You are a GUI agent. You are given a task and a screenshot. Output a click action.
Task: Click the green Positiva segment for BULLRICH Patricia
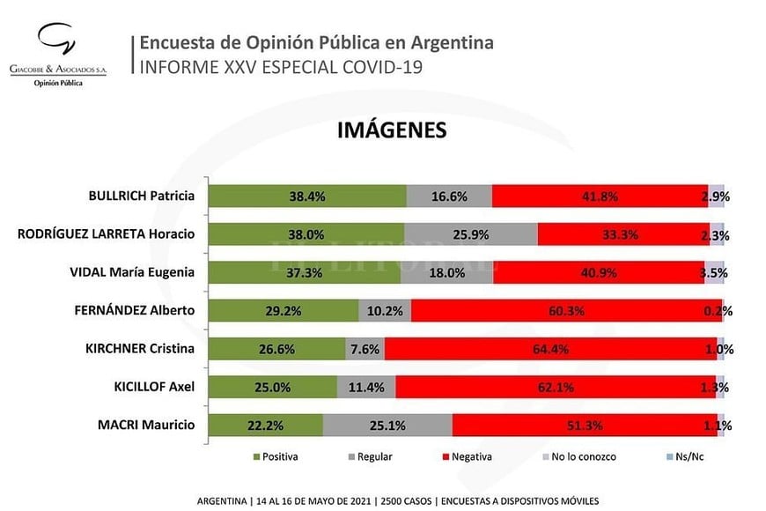308,196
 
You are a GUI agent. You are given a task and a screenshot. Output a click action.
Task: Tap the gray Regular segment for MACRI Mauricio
387,426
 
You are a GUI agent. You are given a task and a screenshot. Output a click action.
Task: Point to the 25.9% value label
470,235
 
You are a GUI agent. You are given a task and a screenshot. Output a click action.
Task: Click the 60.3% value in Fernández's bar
566,310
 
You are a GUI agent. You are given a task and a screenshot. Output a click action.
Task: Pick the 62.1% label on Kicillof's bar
556,387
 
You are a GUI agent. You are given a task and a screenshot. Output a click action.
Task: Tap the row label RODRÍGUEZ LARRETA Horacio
107,233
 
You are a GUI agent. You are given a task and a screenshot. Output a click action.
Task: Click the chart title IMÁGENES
393,130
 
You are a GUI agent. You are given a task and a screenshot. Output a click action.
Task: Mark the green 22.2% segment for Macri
266,426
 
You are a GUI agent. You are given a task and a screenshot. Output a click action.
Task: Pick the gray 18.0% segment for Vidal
446,272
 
